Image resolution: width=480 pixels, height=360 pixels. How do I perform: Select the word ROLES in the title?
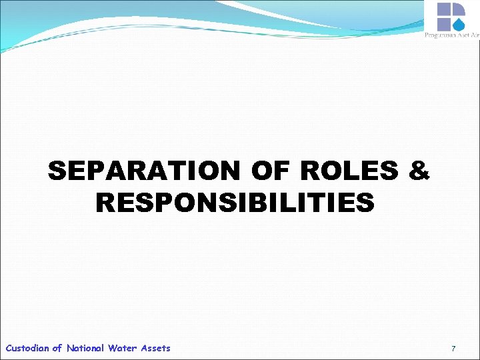[x=349, y=172]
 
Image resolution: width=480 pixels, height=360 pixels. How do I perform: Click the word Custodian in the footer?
[x=27, y=348]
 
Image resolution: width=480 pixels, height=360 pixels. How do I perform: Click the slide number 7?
[x=453, y=349]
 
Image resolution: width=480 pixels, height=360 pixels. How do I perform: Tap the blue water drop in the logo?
[x=459, y=25]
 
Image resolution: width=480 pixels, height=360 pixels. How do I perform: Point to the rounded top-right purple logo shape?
[x=458, y=9]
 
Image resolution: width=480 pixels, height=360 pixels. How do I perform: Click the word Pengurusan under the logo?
[x=439, y=35]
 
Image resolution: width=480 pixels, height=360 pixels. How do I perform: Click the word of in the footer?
[x=57, y=348]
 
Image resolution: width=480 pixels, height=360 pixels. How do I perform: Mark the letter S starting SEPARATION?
[x=58, y=172]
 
